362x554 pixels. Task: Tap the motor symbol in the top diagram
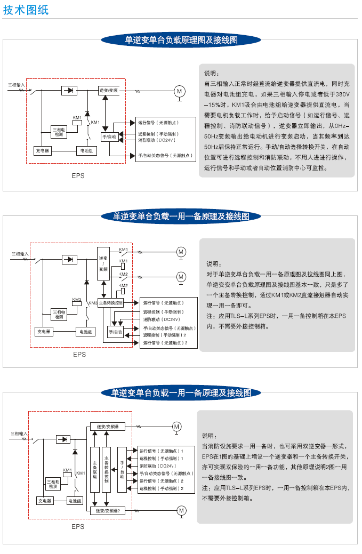tap(180, 91)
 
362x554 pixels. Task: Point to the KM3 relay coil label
tap(77, 299)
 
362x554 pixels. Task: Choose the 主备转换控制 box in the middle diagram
tap(110, 302)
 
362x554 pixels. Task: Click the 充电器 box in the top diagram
tap(42, 151)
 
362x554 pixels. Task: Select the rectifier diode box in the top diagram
tap(68, 91)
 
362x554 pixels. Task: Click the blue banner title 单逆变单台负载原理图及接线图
tap(181, 40)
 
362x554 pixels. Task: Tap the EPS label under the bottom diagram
tap(78, 526)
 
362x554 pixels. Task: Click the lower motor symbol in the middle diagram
tap(181, 277)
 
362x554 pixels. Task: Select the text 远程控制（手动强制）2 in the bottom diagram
tap(161, 488)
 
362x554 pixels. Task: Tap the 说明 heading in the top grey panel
tap(211, 74)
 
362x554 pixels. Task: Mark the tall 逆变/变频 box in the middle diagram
tap(103, 263)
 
